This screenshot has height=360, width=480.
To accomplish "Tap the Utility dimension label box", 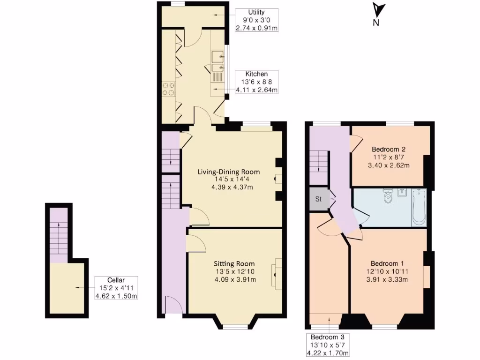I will [256, 20].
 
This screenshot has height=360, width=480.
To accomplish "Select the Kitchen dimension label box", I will [256, 82].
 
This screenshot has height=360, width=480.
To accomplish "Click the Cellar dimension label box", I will [116, 288].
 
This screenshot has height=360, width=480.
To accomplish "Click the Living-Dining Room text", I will [228, 172].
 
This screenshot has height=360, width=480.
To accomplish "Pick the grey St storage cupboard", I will [318, 199].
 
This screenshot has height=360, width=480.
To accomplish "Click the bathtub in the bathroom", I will [419, 208].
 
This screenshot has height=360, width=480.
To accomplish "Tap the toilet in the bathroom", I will [388, 197].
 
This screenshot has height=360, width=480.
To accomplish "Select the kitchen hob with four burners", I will [168, 89].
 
